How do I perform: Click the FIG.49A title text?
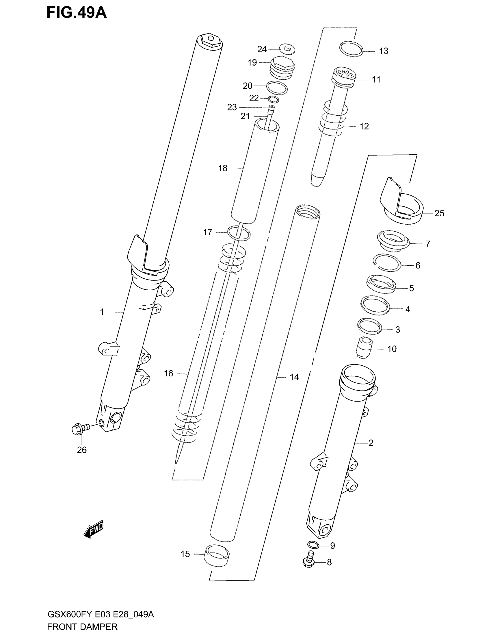[x=77, y=13]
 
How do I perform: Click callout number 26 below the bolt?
[x=82, y=450]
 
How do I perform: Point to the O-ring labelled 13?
[x=351, y=49]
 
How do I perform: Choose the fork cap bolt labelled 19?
[x=282, y=68]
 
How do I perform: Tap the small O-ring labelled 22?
[x=273, y=99]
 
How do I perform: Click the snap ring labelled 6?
[x=387, y=263]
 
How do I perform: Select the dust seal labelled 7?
[x=393, y=241]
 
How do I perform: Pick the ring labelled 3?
[x=369, y=326]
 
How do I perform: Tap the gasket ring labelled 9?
[x=313, y=544]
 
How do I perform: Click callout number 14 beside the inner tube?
[x=294, y=377]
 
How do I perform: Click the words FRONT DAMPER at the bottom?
[x=82, y=627]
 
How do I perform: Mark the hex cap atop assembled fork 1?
[x=210, y=40]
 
